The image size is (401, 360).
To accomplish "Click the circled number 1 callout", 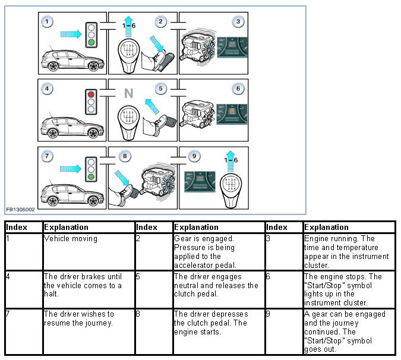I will click(48, 22).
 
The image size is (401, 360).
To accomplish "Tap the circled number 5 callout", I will click(160, 89).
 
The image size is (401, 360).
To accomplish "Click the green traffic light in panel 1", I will click(90, 43).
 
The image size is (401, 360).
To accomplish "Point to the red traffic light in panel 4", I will click(90, 94).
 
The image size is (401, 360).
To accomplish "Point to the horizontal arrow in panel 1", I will click(70, 34).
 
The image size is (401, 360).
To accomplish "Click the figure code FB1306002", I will click(21, 210).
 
